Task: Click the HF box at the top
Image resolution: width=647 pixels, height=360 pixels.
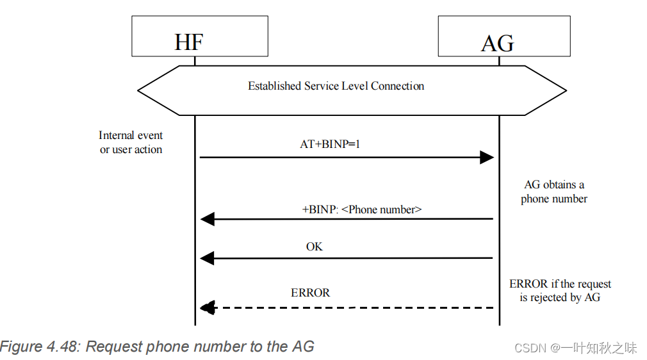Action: tap(199, 36)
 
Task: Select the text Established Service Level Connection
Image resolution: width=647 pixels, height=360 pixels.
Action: tap(336, 86)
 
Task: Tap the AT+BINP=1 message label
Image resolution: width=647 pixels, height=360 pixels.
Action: tap(330, 144)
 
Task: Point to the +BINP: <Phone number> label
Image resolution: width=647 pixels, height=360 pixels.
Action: tap(362, 209)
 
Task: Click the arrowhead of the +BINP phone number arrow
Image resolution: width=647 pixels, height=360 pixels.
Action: tap(207, 220)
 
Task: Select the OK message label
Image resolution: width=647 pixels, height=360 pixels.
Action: tap(314, 247)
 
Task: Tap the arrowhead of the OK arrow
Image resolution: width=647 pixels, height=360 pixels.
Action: tap(207, 258)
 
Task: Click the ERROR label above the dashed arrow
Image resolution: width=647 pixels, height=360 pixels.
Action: tap(310, 293)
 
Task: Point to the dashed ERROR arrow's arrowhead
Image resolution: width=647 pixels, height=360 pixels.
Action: tap(207, 308)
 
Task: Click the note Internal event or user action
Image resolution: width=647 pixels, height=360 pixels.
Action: tap(131, 142)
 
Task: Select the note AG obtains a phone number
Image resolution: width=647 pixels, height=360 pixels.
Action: tap(553, 192)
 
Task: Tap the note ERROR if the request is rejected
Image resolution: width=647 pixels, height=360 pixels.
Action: tap(560, 290)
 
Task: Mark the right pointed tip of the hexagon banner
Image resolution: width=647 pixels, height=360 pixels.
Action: tap(566, 90)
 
